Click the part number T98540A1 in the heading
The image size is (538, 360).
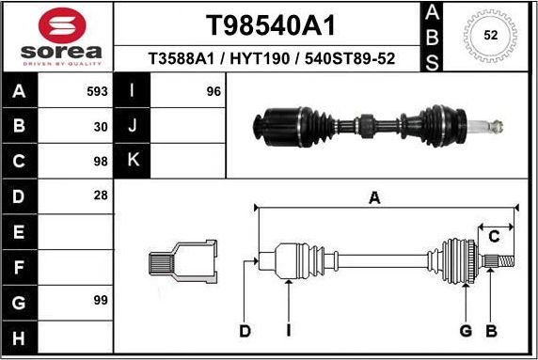click(270, 24)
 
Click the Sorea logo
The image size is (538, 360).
click(57, 38)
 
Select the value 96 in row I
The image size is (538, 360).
click(214, 91)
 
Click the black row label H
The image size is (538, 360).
click(21, 337)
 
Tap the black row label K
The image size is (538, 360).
click(133, 161)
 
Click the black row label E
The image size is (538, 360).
click(21, 231)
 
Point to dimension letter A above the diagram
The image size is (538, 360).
click(374, 197)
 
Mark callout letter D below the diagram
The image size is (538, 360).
click(245, 330)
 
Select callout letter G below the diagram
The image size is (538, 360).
click(466, 330)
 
